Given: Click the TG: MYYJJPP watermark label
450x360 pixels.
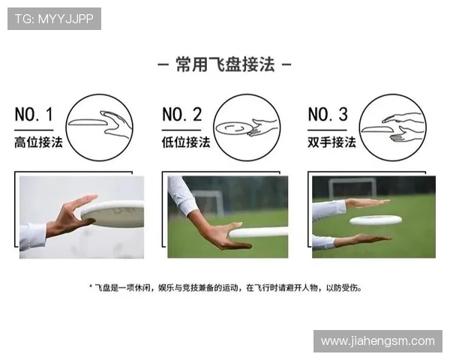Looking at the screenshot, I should (54, 19).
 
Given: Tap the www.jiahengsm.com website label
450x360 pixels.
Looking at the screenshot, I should (377, 340).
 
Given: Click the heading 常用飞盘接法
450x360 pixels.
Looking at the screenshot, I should (225, 64).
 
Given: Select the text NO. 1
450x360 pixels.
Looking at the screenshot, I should (34, 115).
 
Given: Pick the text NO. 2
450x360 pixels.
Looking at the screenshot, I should (182, 115).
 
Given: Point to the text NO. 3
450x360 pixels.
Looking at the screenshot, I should (328, 115).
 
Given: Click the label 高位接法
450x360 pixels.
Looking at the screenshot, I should (38, 142).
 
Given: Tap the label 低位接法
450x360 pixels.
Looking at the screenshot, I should (186, 142).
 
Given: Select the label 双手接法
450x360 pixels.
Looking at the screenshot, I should (331, 142).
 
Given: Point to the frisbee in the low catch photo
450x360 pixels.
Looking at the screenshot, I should (259, 232).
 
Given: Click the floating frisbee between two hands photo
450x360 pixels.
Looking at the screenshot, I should (376, 220).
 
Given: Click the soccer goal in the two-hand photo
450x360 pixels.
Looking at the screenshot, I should (352, 187).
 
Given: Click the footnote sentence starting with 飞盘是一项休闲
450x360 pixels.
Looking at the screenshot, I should (225, 286).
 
